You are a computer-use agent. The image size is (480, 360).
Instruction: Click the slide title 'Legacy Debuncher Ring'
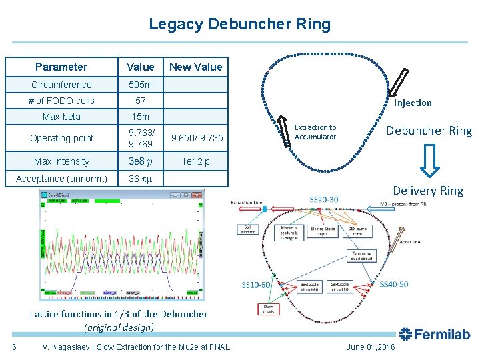(239, 25)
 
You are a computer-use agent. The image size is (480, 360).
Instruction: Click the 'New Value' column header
(195, 67)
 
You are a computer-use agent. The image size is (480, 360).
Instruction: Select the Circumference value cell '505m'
(140, 85)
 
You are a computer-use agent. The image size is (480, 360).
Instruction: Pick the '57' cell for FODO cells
(140, 101)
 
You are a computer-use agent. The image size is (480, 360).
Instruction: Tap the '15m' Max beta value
(140, 117)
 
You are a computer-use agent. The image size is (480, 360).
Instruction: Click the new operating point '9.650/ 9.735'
(197, 138)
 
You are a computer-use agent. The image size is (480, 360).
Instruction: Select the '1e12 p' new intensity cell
(195, 161)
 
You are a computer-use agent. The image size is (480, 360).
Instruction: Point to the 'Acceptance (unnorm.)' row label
(61, 179)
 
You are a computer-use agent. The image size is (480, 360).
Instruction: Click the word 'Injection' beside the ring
(413, 103)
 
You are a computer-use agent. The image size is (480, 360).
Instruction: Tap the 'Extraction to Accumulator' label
(315, 132)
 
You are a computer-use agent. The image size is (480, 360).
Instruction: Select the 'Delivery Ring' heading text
(427, 191)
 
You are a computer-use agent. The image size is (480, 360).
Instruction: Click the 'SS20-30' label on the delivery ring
(324, 199)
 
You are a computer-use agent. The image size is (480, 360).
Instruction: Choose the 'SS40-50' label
(393, 285)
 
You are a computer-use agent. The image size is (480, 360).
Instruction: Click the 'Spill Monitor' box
(248, 229)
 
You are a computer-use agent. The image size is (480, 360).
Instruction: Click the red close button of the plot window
(198, 195)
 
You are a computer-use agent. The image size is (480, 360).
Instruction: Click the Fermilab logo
(435, 335)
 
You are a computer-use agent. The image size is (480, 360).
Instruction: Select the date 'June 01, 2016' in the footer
(371, 347)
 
